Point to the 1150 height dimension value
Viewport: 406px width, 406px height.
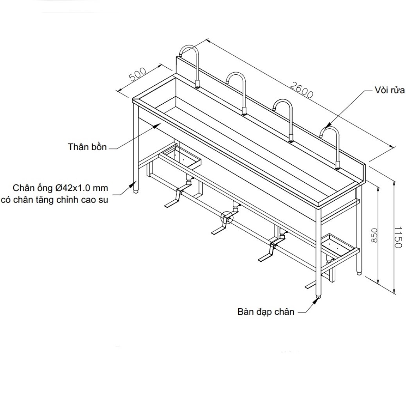pos(398,237)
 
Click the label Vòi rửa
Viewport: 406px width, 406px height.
pos(389,90)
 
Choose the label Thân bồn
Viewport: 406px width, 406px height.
pos(87,147)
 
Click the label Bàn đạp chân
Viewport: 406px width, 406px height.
pos(266,312)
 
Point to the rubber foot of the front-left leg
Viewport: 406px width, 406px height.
pos(136,191)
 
